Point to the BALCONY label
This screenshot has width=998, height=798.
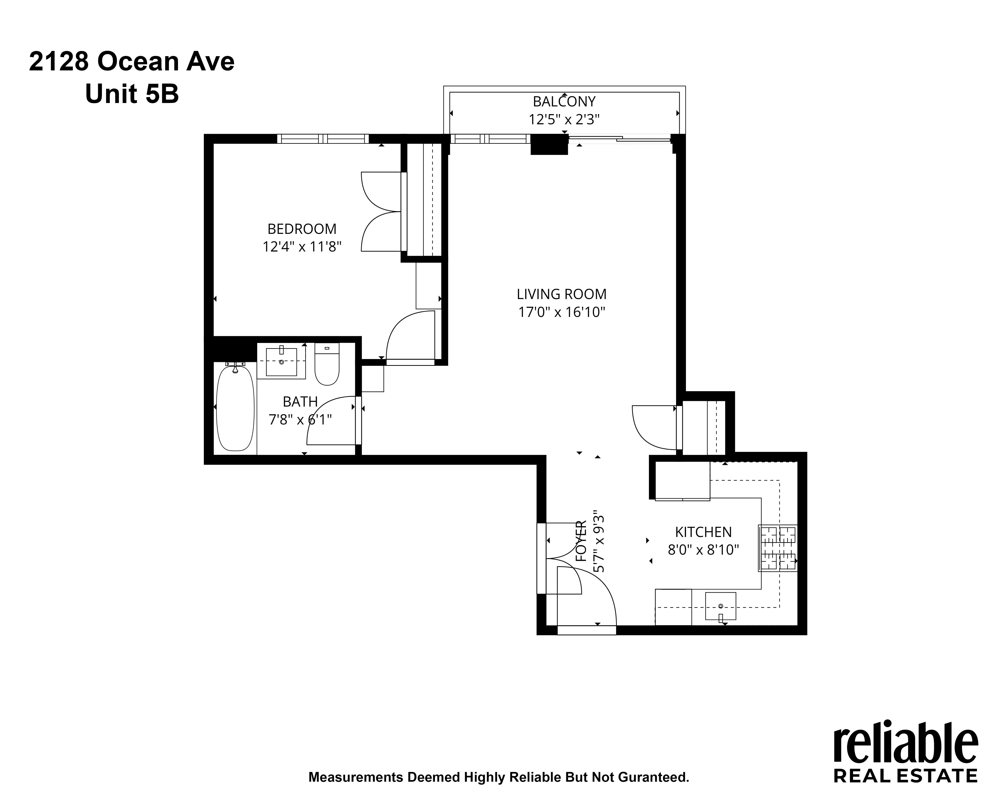point(564,101)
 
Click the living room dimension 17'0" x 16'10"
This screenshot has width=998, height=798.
point(561,312)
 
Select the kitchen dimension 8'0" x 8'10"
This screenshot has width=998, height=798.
point(703,550)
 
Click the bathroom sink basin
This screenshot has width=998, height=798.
point(281,362)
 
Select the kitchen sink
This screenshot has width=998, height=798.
point(720,606)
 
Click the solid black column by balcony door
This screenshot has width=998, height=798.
point(549,144)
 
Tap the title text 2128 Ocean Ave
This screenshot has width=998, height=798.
point(132,62)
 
